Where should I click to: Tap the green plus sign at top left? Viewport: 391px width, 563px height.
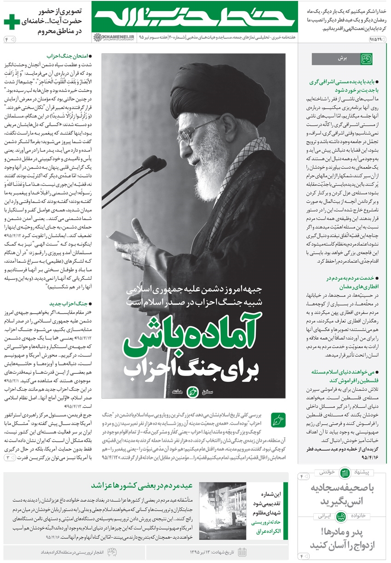click(11, 22)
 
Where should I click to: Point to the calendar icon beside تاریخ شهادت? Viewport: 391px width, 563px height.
click(242, 552)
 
